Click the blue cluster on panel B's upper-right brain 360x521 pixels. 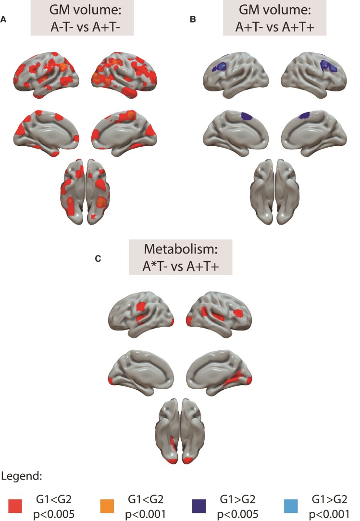coord(332,65)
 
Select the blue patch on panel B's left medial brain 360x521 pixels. coord(246,116)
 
